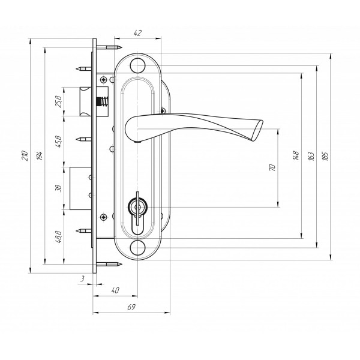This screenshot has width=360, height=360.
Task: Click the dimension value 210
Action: [x=25, y=155]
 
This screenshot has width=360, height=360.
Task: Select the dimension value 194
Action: [x=40, y=155]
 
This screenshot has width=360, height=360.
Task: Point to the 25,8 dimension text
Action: [x=59, y=101]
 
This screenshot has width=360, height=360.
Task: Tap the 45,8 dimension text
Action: [x=59, y=142]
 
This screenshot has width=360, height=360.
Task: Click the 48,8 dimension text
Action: [x=59, y=237]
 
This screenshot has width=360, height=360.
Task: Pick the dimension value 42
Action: [x=137, y=33]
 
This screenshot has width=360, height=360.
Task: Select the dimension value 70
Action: [x=272, y=167]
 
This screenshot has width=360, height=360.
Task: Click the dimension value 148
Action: [x=296, y=155]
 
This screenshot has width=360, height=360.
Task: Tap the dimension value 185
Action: [x=325, y=156]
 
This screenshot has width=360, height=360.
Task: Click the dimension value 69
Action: [x=131, y=307]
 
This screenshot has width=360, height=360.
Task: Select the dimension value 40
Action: [x=115, y=290]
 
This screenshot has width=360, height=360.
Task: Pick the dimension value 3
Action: [x=82, y=279]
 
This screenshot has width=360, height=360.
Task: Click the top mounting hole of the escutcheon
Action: [x=137, y=65]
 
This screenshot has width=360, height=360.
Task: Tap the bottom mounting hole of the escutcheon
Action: [x=137, y=248]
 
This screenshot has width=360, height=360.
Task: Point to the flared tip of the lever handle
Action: [x=257, y=130]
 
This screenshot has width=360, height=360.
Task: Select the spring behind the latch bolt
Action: [x=103, y=101]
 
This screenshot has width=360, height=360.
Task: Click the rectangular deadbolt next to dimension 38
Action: [x=80, y=188]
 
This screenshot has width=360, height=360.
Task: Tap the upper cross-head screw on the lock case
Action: [x=104, y=80]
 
